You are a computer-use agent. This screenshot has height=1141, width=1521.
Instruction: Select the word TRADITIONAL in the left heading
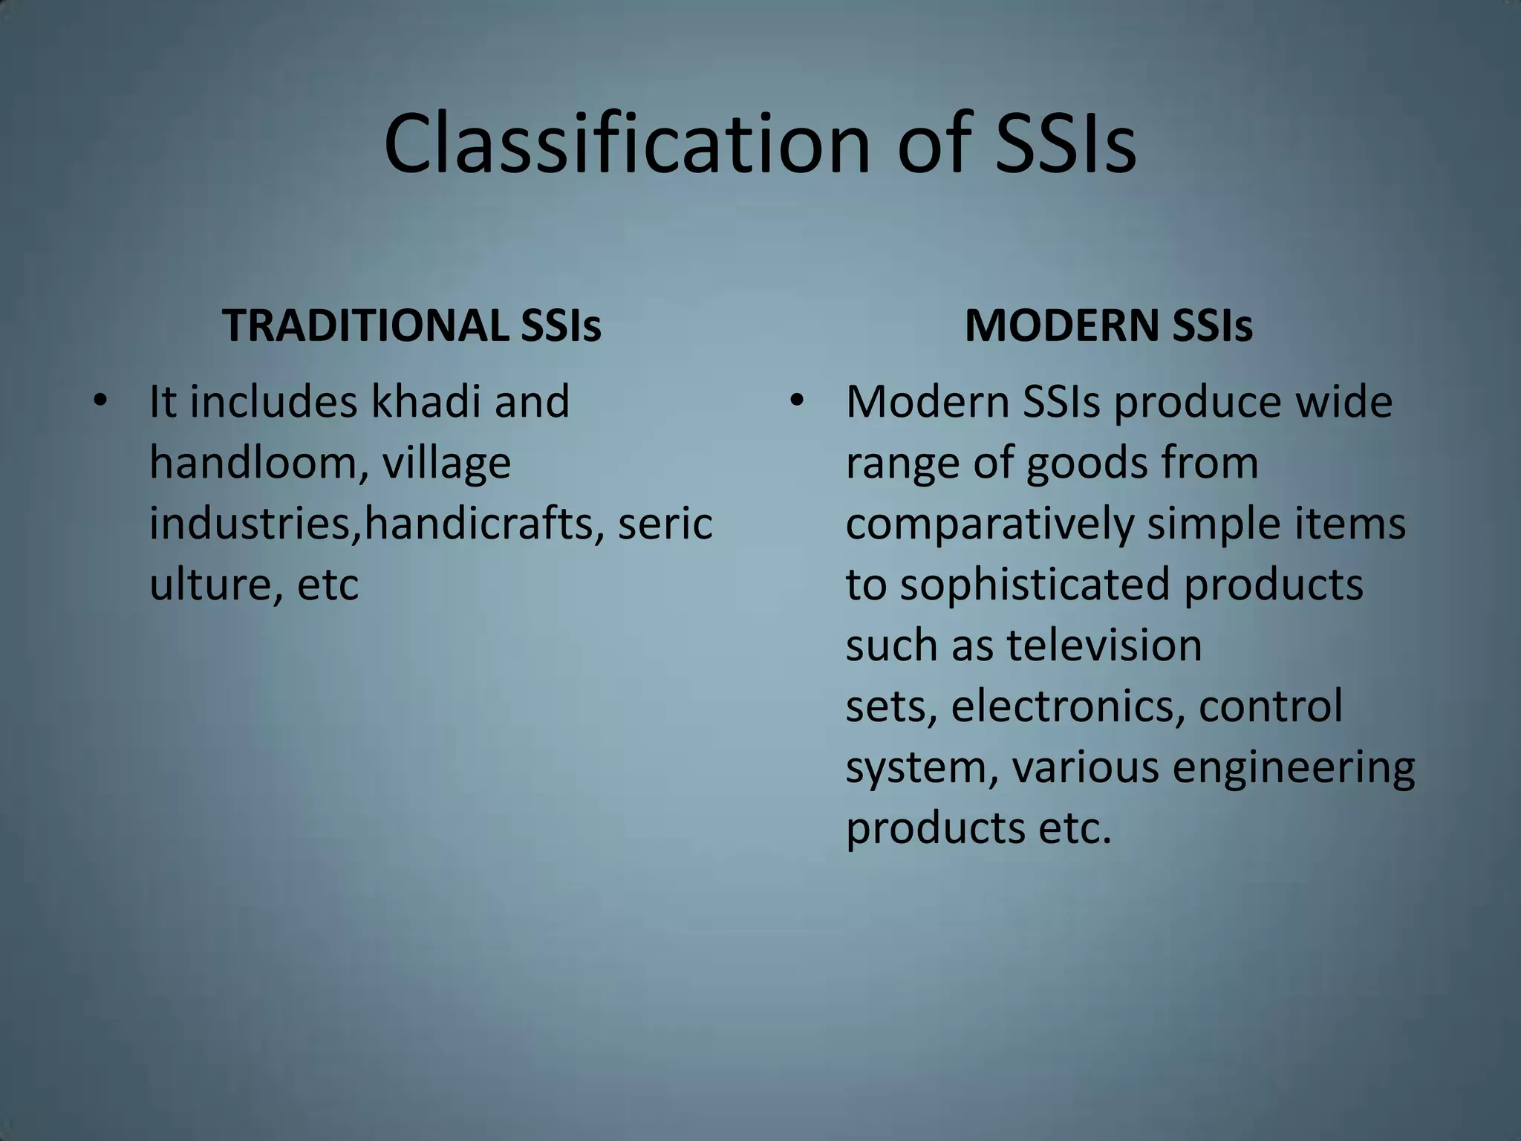tap(363, 325)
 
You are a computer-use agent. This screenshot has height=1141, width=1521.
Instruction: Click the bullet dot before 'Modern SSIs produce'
tap(797, 402)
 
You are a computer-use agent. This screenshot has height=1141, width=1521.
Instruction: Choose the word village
tap(446, 464)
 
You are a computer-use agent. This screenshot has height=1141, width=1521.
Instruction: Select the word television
tap(1104, 645)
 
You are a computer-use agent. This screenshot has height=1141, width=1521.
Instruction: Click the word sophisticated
tap(1035, 584)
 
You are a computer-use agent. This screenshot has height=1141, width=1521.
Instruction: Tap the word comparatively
tap(989, 524)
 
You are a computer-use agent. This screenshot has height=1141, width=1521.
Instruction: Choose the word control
tap(1271, 706)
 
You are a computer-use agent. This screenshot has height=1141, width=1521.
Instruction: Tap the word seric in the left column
tap(665, 523)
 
